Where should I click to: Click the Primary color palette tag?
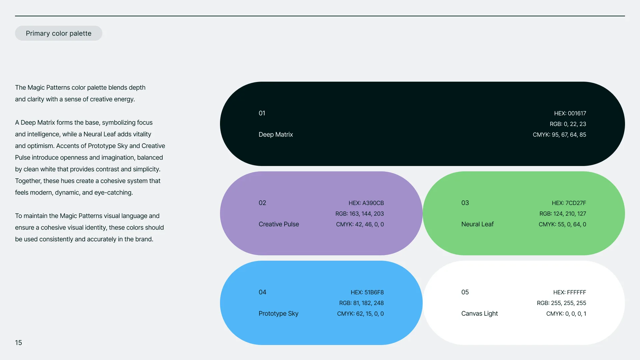tap(59, 33)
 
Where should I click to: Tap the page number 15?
tap(18, 343)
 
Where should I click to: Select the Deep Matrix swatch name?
tap(276, 134)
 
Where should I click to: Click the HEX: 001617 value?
tap(570, 113)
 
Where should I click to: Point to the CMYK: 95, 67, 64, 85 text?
tap(559, 135)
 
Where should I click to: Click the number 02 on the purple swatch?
tap(262, 203)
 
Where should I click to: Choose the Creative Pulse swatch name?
tap(279, 224)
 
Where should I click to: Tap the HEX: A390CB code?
tap(366, 203)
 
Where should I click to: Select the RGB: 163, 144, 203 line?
tap(360, 214)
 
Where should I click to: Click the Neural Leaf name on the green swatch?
tap(477, 224)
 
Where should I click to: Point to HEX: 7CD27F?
tap(569, 203)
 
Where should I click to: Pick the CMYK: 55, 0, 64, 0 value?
tap(562, 224)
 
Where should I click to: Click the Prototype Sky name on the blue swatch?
tap(278, 313)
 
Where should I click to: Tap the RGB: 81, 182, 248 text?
tap(361, 303)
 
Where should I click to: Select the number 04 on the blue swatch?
tap(262, 292)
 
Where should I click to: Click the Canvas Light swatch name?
tap(479, 313)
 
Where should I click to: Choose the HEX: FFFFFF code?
tap(570, 292)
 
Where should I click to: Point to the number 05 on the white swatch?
tap(465, 292)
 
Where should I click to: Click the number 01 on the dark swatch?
tap(262, 113)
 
